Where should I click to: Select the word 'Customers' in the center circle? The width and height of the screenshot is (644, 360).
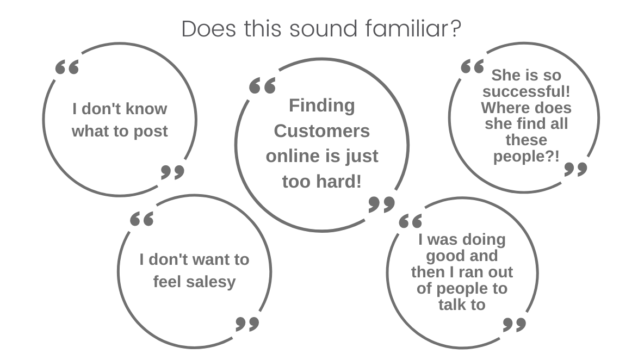point(321,131)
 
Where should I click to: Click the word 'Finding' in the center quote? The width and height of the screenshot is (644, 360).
point(321,105)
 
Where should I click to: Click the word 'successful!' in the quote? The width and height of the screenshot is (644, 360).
point(526,91)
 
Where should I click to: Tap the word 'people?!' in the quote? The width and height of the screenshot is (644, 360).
point(526,157)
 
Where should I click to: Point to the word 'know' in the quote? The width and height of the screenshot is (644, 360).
point(146,109)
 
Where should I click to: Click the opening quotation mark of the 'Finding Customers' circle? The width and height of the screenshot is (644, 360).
point(262,86)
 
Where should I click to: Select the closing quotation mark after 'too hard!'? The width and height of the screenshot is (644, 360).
point(381,204)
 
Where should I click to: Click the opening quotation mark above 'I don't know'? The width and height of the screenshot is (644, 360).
point(67,67)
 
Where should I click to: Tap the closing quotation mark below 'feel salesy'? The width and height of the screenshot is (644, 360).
point(247,324)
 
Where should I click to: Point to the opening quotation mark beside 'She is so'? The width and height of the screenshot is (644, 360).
point(472,67)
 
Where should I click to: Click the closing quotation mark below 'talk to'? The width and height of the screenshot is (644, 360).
point(514,325)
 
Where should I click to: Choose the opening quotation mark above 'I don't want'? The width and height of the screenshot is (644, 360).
point(142,219)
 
